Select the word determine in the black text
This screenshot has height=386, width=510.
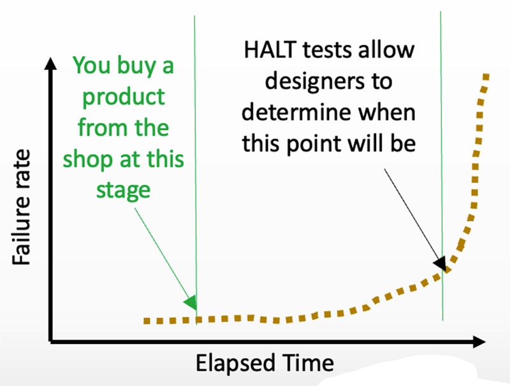(x=296, y=112)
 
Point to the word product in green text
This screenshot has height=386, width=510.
(x=124, y=97)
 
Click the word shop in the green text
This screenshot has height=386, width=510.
(x=89, y=159)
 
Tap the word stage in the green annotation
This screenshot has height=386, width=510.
(x=123, y=190)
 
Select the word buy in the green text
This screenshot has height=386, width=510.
(x=136, y=66)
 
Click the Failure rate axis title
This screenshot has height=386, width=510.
(x=22, y=207)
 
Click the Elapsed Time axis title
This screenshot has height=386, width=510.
(x=265, y=363)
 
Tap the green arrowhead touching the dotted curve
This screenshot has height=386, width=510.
(x=191, y=303)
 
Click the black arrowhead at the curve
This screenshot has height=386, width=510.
(x=441, y=263)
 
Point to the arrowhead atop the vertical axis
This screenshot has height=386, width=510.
(x=50, y=63)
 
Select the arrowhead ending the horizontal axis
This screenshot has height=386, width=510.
(x=479, y=342)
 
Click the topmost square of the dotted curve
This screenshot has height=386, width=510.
(x=486, y=76)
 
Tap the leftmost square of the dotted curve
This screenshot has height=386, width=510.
(x=147, y=321)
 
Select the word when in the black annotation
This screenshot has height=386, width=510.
(x=386, y=112)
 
